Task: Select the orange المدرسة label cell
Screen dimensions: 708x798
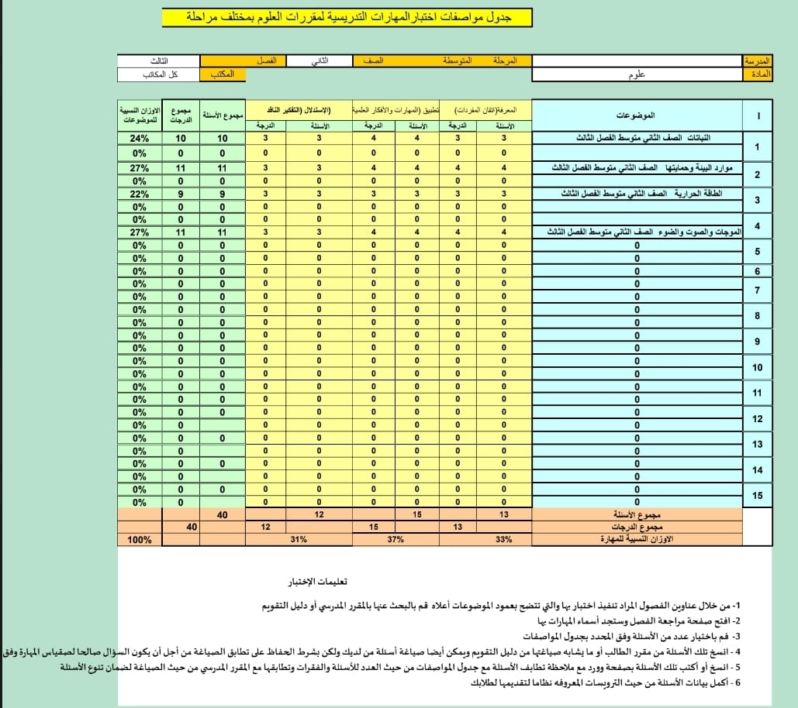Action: click(x=758, y=60)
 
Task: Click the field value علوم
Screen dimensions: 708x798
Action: click(x=638, y=74)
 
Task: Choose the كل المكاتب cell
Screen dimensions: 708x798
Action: click(x=158, y=74)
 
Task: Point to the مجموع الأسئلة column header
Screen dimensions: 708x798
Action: click(x=223, y=115)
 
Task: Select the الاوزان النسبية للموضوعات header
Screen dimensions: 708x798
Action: click(x=140, y=115)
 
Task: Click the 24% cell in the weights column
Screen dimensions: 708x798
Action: click(x=140, y=139)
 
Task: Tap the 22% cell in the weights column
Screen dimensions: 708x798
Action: click(x=140, y=194)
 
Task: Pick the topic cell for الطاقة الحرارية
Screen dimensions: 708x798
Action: click(x=637, y=194)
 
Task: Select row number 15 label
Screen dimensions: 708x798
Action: click(x=758, y=496)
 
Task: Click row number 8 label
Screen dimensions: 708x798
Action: click(x=758, y=316)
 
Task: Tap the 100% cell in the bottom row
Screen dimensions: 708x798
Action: click(x=140, y=540)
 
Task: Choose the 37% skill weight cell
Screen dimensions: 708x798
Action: click(x=396, y=540)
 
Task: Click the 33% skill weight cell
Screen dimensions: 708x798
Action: click(x=504, y=540)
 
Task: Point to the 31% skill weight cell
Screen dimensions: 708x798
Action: click(x=295, y=540)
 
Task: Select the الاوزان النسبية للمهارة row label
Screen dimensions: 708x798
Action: click(x=637, y=540)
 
